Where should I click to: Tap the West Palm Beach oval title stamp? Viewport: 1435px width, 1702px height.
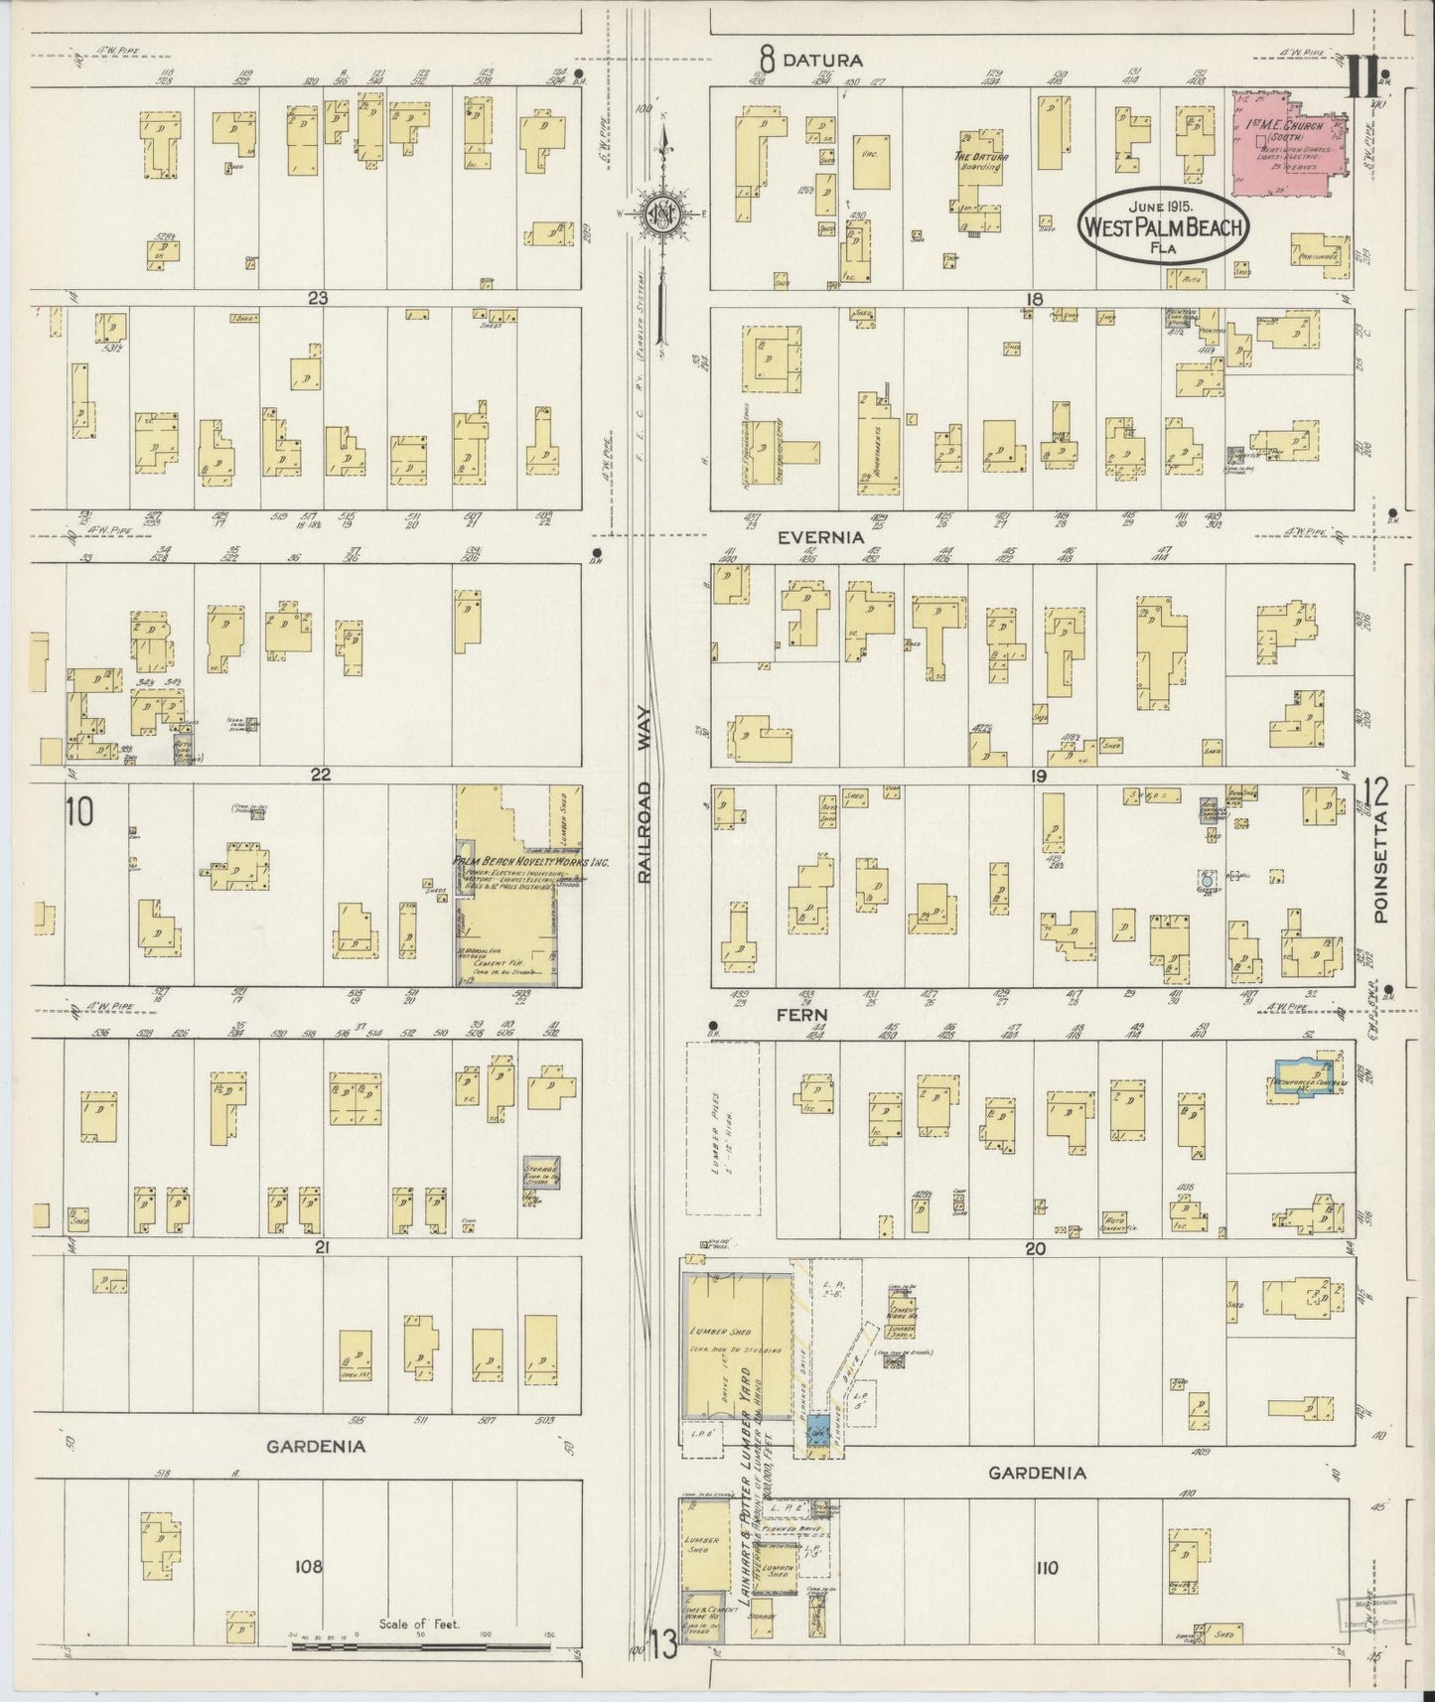click(x=1163, y=226)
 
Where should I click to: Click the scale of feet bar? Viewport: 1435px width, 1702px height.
click(x=420, y=1644)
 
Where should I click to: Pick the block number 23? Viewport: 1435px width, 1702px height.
click(x=318, y=297)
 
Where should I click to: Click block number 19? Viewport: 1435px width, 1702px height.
click(x=1038, y=776)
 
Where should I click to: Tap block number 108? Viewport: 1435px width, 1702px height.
click(x=308, y=1567)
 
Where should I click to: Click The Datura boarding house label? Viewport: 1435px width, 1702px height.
click(x=980, y=161)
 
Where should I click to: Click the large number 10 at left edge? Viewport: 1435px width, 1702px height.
click(x=79, y=812)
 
